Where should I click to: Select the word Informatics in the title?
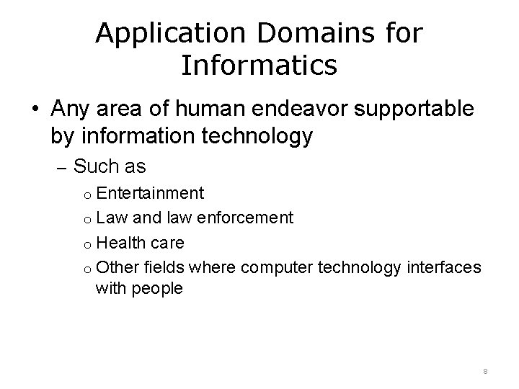[x=259, y=65]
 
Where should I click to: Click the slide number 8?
[x=486, y=371]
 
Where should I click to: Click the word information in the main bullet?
[x=128, y=135]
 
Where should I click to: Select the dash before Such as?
[x=61, y=168]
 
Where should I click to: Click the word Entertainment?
[x=150, y=194]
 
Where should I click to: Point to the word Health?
[x=120, y=241]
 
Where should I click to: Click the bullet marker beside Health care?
[x=84, y=243]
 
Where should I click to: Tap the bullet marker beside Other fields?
[x=84, y=267]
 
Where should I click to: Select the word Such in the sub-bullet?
[x=91, y=167]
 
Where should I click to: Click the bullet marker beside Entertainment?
[x=84, y=195]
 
